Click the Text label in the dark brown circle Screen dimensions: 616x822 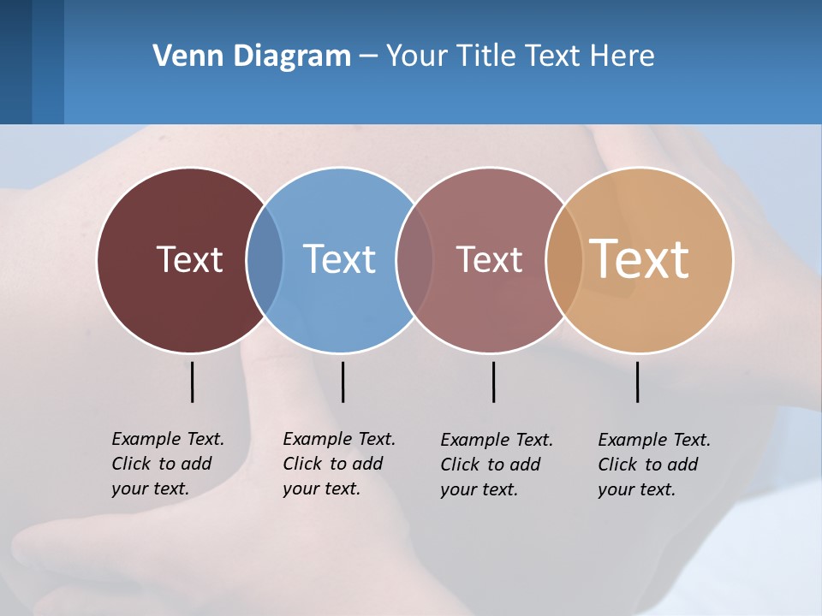[x=189, y=259]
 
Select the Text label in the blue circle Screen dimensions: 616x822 [x=339, y=259]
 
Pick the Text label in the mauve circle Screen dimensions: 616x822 [x=489, y=259]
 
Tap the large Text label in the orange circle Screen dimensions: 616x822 [x=640, y=259]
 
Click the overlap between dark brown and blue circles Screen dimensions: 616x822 [x=265, y=260]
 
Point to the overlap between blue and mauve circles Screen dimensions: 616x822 [x=414, y=260]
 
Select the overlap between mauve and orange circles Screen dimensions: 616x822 [x=563, y=260]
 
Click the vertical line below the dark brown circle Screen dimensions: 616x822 [x=192, y=382]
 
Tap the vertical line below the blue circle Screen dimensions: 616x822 [x=342, y=382]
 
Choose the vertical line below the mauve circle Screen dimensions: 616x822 [x=493, y=382]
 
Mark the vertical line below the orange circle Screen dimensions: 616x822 [x=637, y=382]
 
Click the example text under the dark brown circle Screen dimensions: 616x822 [x=167, y=464]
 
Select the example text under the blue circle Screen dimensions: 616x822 [x=338, y=464]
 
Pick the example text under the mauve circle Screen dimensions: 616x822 [x=496, y=465]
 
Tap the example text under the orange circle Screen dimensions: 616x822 [x=653, y=465]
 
